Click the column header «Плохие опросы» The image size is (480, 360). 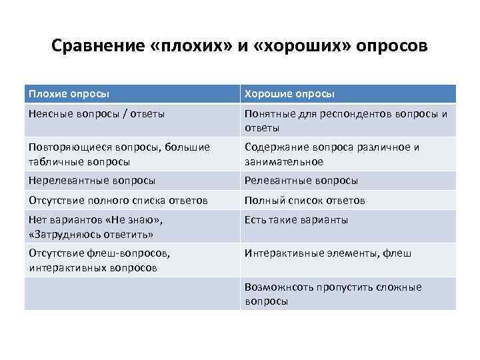69,94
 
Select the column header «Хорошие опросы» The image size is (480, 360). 289,94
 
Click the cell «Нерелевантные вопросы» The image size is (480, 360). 92,180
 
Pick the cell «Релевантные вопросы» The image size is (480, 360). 301,180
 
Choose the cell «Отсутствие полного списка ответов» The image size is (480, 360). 118,200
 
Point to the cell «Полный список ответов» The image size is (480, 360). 305,200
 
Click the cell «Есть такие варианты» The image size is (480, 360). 296,220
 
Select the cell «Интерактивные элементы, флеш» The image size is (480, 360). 328,253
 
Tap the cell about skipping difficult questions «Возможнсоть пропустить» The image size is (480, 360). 333,293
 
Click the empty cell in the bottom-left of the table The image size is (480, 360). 131,293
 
